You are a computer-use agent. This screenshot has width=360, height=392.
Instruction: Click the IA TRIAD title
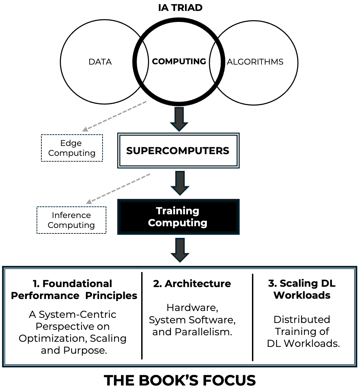(180, 8)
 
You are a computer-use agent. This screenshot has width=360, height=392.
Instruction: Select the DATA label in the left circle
(100, 62)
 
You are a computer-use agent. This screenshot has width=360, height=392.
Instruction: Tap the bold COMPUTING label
(179, 62)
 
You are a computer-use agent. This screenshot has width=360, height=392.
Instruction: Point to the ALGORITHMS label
(255, 62)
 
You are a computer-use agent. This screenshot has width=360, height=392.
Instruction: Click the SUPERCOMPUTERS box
(178, 151)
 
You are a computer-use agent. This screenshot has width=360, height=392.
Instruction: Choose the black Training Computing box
(178, 217)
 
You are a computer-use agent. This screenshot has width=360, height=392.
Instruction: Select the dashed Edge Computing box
(72, 148)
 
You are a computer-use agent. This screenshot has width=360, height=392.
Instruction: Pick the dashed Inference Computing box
(71, 220)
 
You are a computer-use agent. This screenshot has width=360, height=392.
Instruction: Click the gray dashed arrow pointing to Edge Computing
(115, 116)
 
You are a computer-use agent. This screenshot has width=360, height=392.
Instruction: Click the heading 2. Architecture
(192, 284)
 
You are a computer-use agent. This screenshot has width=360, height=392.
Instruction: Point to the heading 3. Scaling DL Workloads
(302, 289)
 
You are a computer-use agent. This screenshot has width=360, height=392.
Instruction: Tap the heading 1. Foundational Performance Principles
(74, 289)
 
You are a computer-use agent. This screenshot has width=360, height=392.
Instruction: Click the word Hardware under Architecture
(192, 308)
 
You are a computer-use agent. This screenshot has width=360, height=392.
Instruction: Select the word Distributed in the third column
(302, 320)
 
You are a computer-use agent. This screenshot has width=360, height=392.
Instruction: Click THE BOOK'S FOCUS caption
(180, 380)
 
